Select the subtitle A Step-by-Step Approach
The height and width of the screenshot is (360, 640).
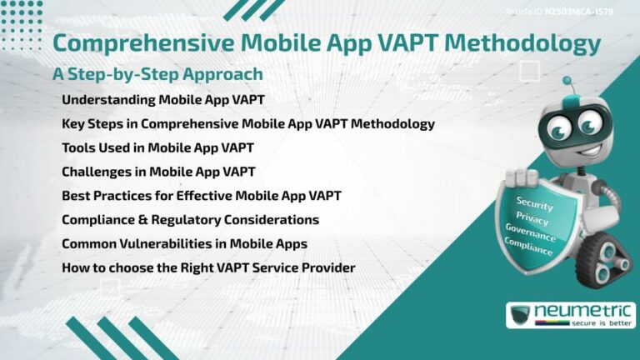coord(157,74)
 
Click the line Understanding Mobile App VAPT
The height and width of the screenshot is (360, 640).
coord(163,100)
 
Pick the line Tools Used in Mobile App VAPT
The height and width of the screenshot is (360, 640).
coord(157,148)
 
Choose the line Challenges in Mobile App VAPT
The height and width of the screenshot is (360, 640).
coord(158,172)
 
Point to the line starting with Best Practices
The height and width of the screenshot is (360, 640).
coord(201,197)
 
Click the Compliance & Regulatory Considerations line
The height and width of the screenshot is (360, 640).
coord(190,220)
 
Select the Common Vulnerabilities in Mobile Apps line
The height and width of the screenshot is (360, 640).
coord(184,244)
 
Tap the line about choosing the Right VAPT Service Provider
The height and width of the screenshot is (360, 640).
coord(208,268)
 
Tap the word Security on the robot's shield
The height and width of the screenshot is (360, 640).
coord(534,202)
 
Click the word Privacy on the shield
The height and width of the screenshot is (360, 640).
coord(532,219)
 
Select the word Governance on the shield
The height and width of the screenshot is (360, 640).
coord(530,234)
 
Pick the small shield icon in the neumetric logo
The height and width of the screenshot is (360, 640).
coord(520,315)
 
